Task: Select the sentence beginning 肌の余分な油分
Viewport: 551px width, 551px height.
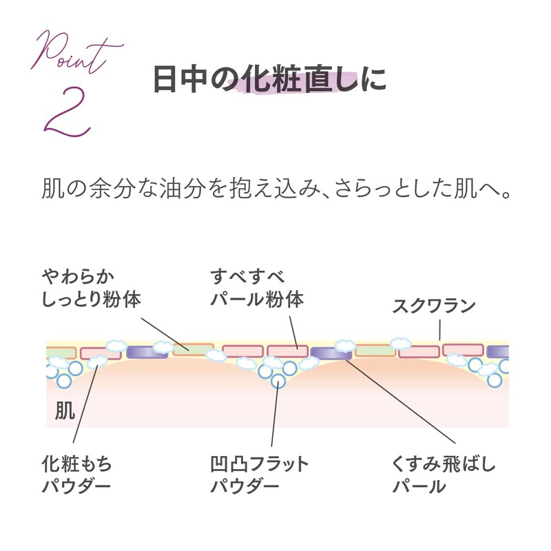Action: tap(275, 189)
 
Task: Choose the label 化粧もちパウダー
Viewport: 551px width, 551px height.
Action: tap(76, 475)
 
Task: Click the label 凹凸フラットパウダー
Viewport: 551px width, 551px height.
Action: tap(259, 475)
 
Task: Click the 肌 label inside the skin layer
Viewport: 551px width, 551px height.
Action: tap(65, 411)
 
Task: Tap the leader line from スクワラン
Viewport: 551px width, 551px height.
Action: tap(438, 331)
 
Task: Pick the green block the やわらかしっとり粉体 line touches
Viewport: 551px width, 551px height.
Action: tap(193, 350)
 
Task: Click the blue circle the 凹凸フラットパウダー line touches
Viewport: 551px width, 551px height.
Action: tap(278, 381)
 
